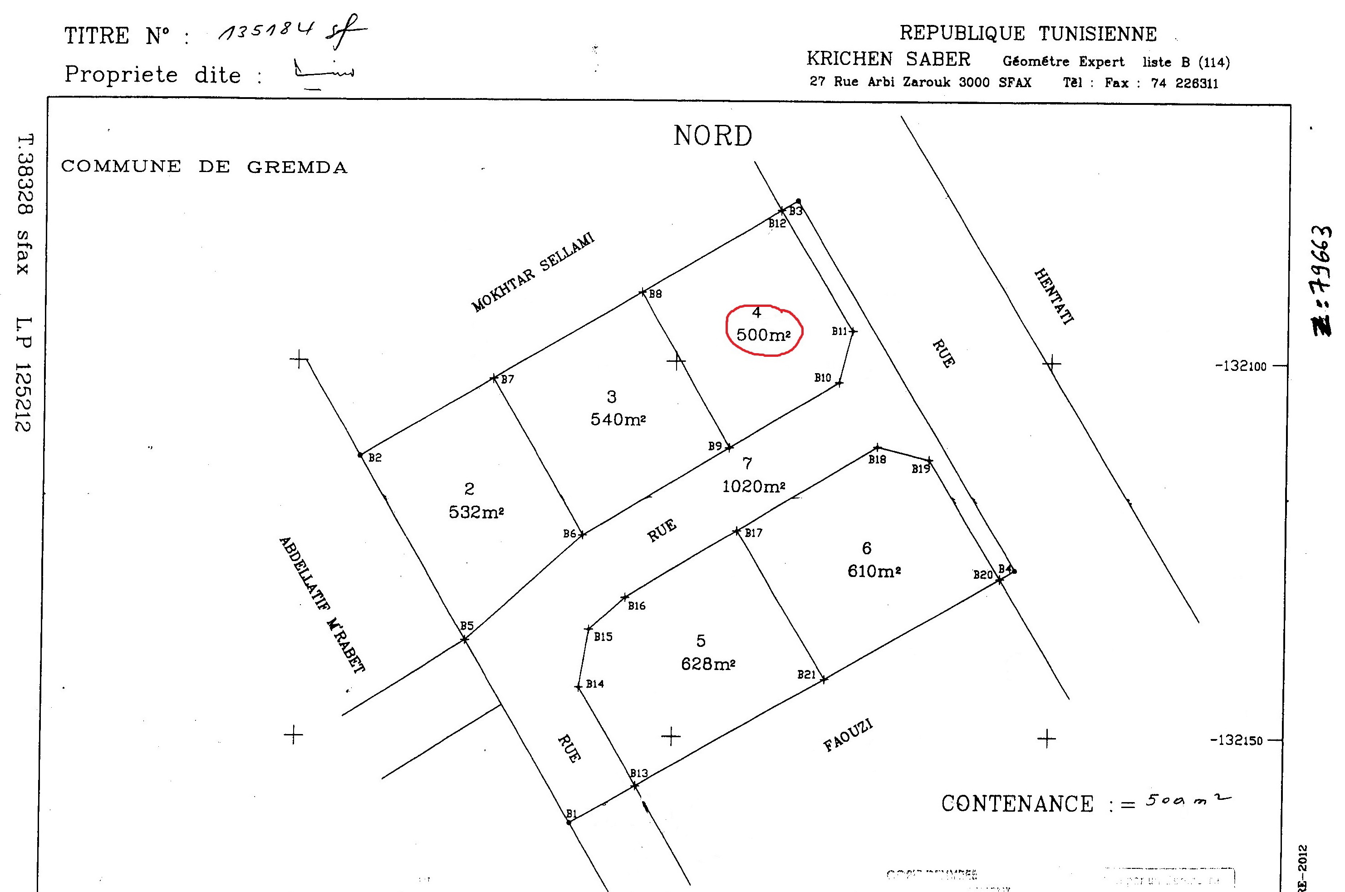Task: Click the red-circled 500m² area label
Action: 763,335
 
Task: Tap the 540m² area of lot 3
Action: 618,420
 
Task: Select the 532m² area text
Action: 476,513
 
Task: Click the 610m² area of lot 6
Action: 874,571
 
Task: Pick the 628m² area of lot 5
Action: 708,664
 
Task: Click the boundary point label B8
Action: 655,294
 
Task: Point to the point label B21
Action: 806,675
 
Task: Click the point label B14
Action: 595,684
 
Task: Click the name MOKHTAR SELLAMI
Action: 533,272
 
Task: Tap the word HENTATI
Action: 1054,296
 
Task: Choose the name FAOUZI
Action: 848,735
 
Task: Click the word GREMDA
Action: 297,167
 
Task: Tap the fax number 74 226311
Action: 1185,84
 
